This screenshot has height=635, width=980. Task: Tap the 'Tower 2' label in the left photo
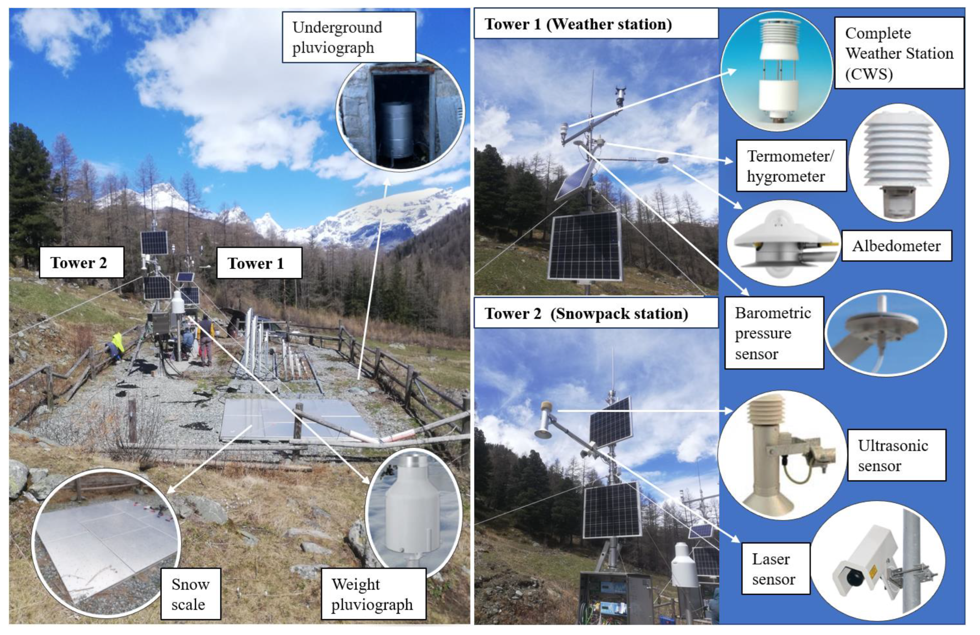(x=81, y=263)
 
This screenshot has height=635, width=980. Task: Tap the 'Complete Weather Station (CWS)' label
(x=899, y=53)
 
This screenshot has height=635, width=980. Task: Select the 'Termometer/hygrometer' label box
(x=791, y=166)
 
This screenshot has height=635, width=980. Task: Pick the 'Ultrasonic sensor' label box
(x=896, y=455)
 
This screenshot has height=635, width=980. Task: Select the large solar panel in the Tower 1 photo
(x=585, y=246)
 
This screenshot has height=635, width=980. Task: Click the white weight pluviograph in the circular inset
(x=412, y=511)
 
